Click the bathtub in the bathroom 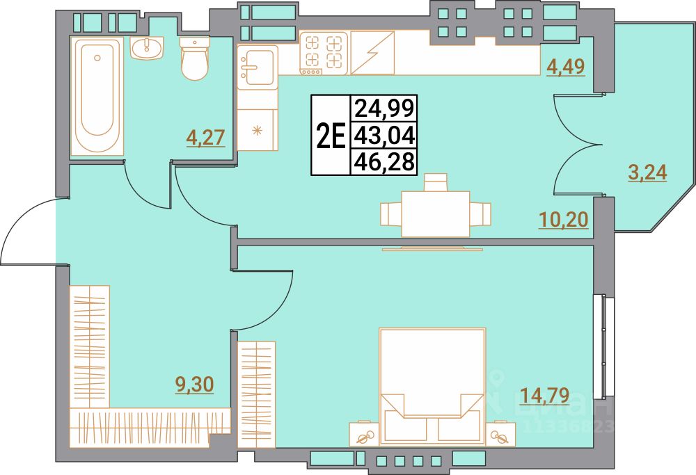pyautogui.click(x=97, y=96)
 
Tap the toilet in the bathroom pyautogui.click(x=194, y=58)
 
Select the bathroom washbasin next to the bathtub pyautogui.click(x=147, y=48)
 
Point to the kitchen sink pyautogui.click(x=257, y=67)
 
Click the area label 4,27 pyautogui.click(x=206, y=138)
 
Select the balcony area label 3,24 pyautogui.click(x=647, y=172)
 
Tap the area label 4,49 pyautogui.click(x=565, y=67)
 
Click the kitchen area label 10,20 pyautogui.click(x=564, y=219)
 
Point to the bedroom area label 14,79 pyautogui.click(x=544, y=395)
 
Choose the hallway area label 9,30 pyautogui.click(x=195, y=384)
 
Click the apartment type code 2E pyautogui.click(x=331, y=136)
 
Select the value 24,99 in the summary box pyautogui.click(x=384, y=108)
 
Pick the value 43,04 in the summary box pyautogui.click(x=384, y=135)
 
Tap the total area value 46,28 pyautogui.click(x=384, y=162)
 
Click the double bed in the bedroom pyautogui.click(x=432, y=386)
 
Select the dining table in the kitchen pyautogui.click(x=436, y=214)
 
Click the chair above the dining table pyautogui.click(x=436, y=182)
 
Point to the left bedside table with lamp pyautogui.click(x=364, y=434)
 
